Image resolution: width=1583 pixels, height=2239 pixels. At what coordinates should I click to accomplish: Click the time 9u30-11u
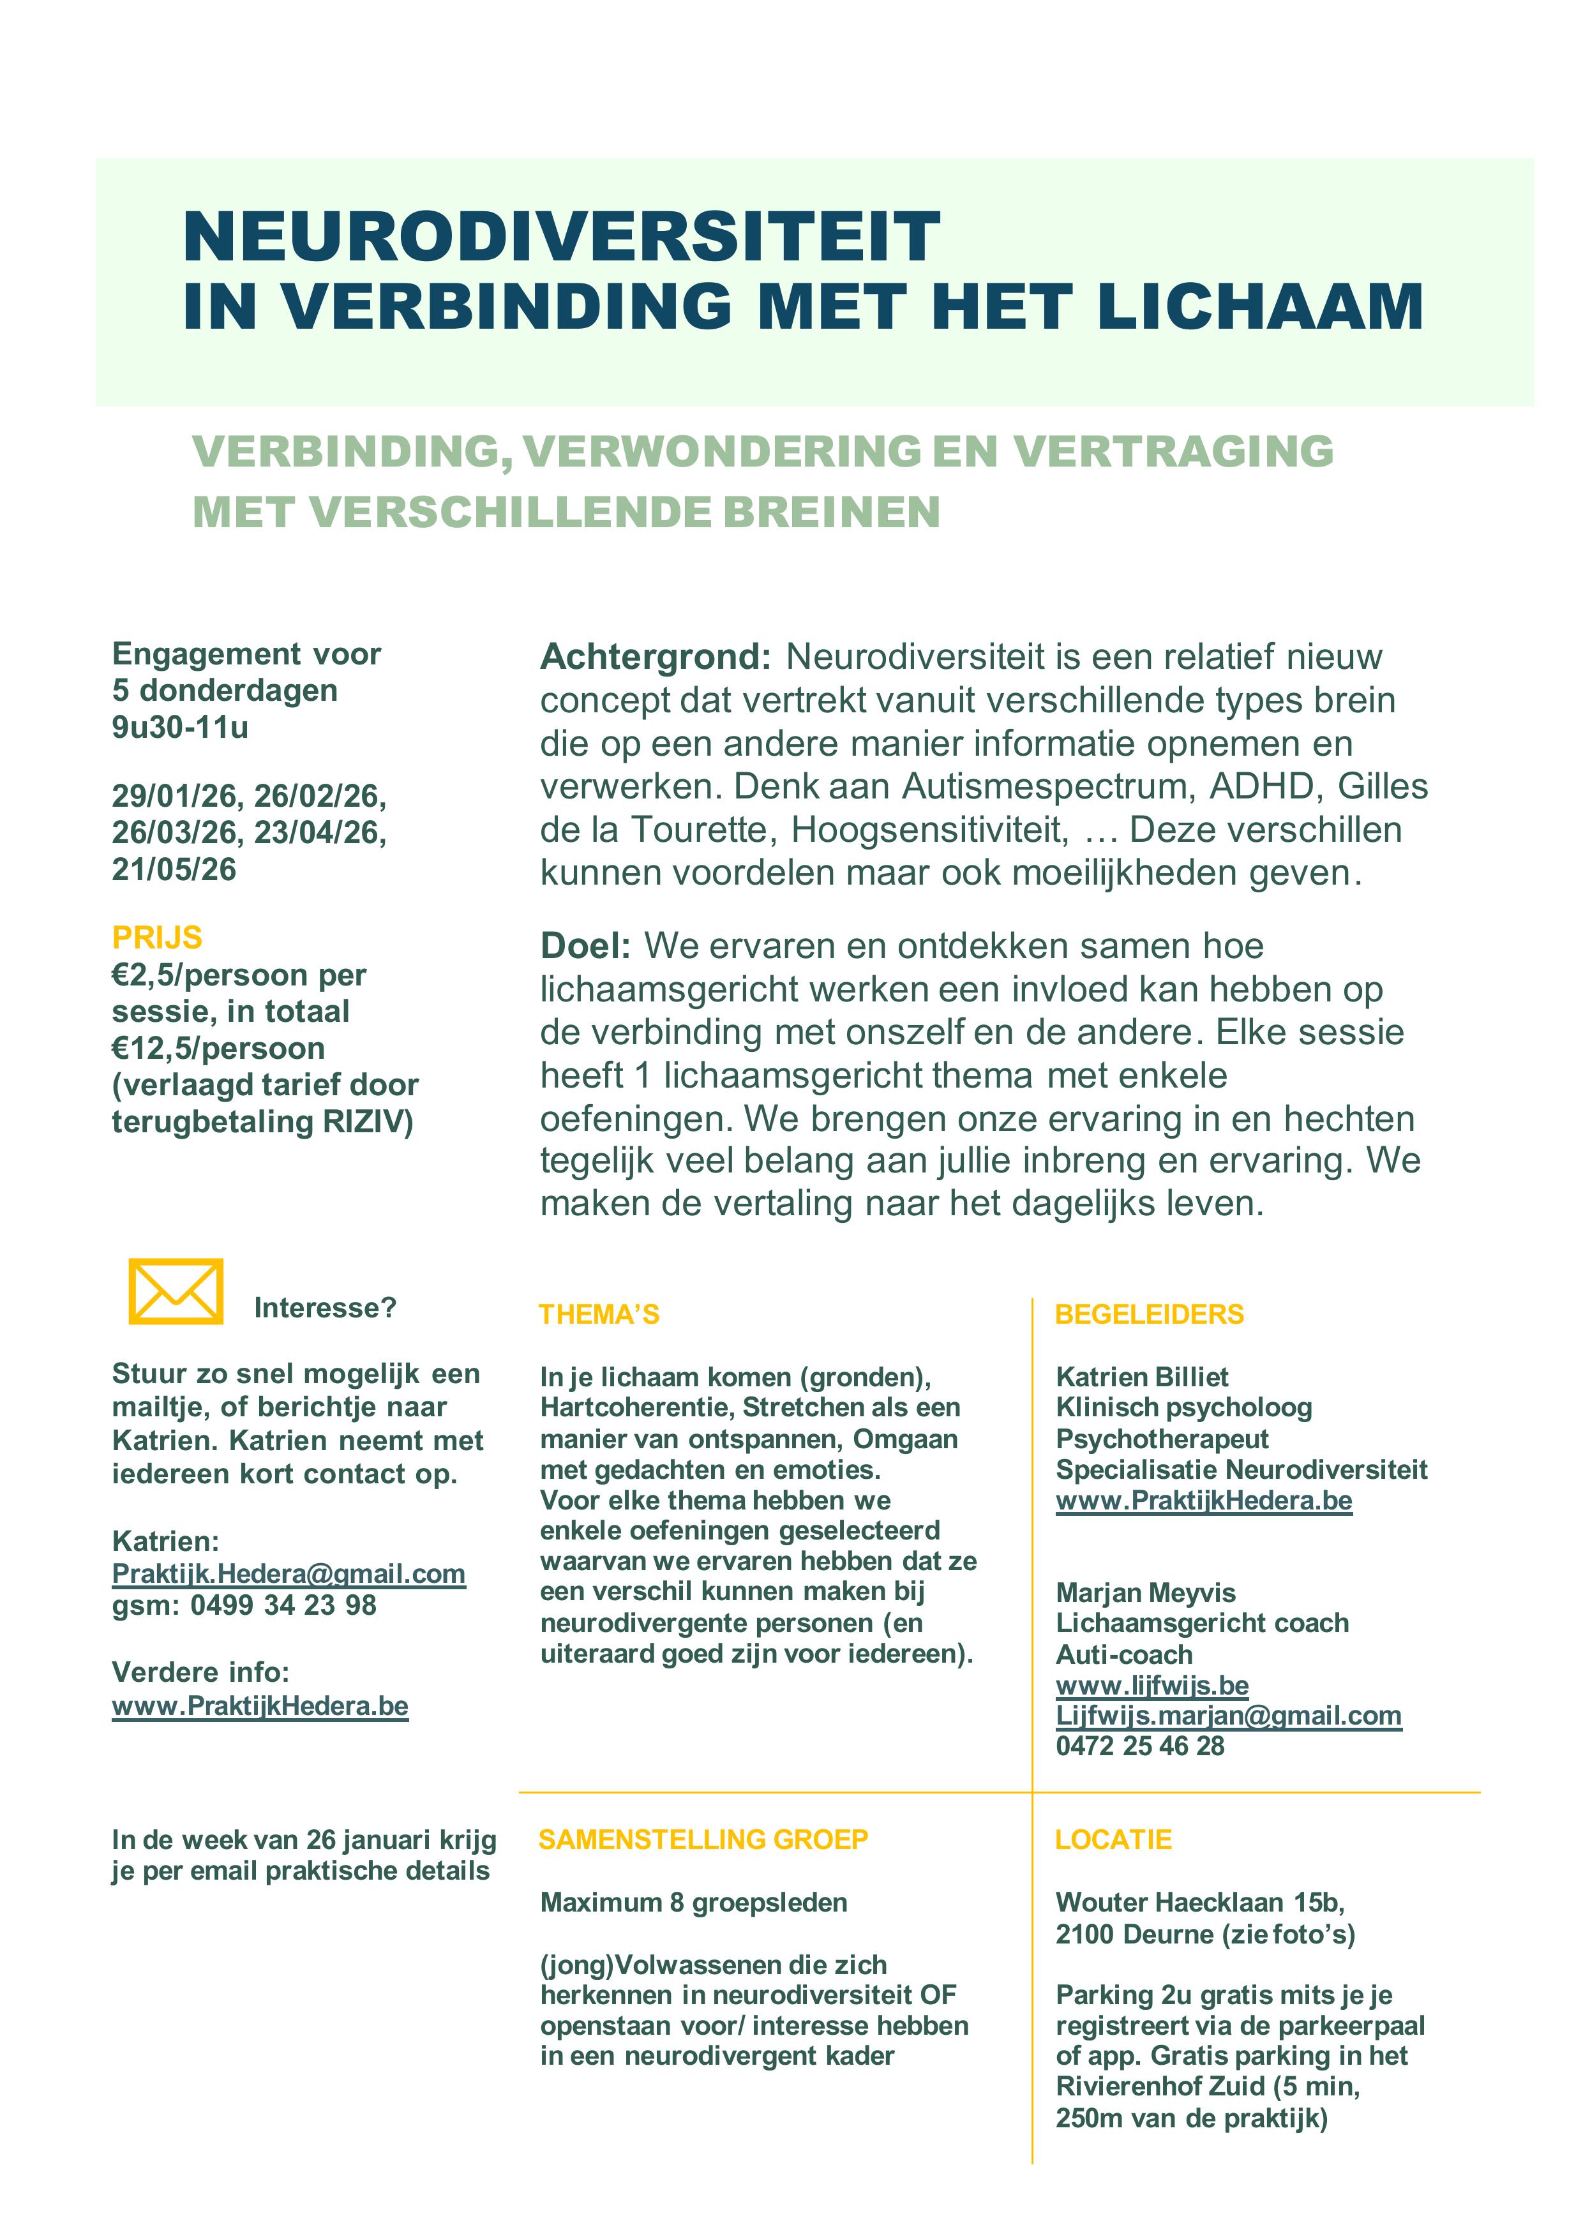[181, 726]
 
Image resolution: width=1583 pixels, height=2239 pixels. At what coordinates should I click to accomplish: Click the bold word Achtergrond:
[656, 656]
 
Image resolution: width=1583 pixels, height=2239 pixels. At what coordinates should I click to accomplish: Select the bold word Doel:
[585, 945]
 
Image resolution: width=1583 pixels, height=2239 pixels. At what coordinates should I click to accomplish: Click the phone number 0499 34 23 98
[283, 1605]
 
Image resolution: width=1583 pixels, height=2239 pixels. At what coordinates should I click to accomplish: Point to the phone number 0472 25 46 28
[1139, 1746]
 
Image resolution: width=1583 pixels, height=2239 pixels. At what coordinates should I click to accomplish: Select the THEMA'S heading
[599, 1315]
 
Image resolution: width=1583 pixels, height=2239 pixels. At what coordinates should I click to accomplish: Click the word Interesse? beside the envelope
[325, 1308]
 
